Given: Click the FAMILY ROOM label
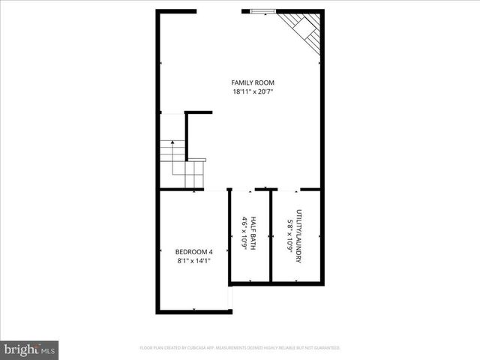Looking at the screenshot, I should (x=253, y=82).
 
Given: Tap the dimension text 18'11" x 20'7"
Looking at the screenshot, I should (x=253, y=91).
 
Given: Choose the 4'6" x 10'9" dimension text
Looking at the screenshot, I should (x=244, y=234).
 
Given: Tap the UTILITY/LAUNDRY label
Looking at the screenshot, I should (x=298, y=235).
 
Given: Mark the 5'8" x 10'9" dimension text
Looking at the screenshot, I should (x=289, y=235).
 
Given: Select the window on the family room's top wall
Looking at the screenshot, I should (x=263, y=11).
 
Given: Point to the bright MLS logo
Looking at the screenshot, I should (x=29, y=349).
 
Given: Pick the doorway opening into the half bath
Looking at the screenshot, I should (x=244, y=190).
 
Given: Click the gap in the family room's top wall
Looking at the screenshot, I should (x=219, y=11).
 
